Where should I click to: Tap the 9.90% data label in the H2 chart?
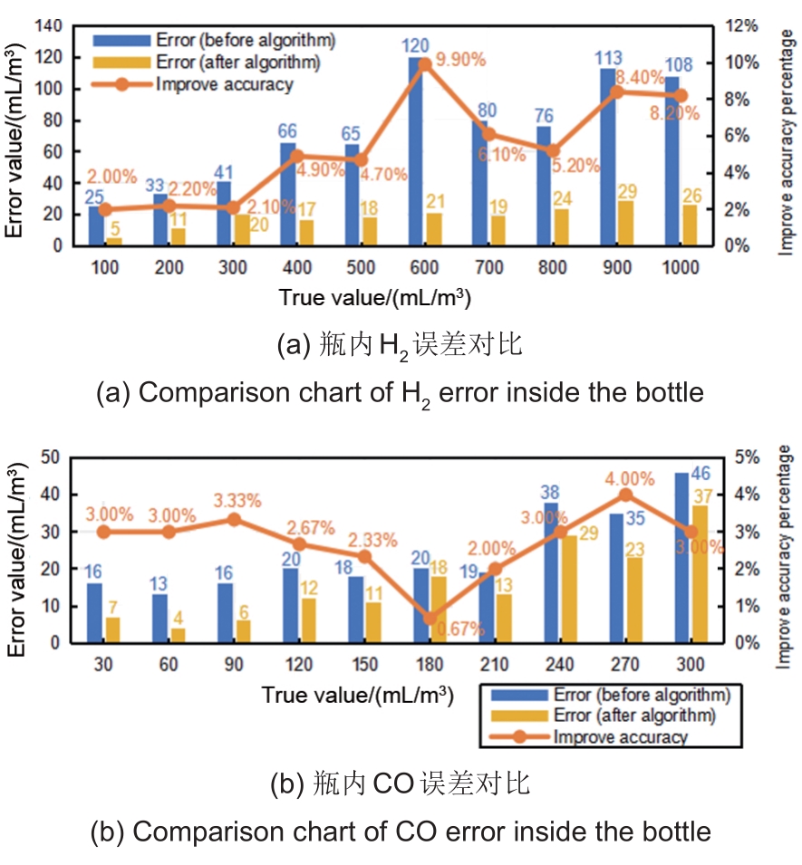point(462,61)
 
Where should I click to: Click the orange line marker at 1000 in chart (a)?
point(681,95)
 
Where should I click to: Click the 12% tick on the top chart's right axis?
point(737,25)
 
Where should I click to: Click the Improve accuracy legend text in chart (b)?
point(621,736)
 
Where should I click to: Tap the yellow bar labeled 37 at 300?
point(700,574)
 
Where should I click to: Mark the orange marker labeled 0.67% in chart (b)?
point(430,619)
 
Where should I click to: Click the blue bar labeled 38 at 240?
point(550,572)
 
